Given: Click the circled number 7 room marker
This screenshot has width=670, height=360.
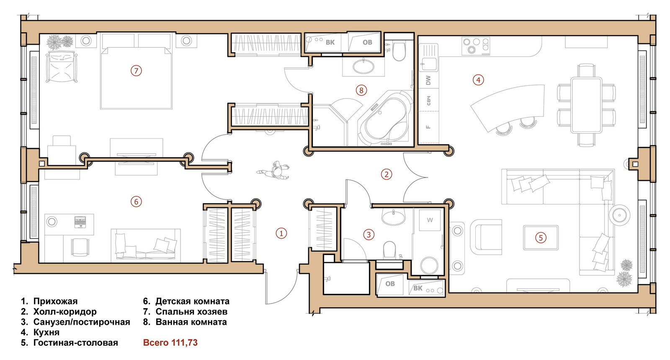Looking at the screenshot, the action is [136, 71].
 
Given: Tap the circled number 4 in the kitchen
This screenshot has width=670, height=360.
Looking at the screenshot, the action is [478, 80].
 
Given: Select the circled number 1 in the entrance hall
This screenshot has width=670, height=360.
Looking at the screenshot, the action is [281, 233].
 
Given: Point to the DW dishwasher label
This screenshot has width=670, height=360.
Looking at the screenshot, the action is [428, 80].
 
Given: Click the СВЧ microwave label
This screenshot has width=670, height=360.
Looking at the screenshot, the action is [428, 100].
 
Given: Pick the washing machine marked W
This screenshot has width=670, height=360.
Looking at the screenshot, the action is [430, 220].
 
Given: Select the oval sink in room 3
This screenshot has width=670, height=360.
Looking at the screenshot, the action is [393, 216].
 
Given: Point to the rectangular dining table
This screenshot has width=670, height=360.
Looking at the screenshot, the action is [586, 105].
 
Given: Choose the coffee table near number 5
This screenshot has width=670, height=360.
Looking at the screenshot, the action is [541, 238].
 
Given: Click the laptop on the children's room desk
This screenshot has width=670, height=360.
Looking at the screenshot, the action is [80, 222].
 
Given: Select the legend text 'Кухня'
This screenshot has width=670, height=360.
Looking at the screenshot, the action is [46, 332].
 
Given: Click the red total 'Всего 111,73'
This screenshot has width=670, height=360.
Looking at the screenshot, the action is [170, 342].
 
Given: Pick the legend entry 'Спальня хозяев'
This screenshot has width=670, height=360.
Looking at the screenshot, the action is [191, 311].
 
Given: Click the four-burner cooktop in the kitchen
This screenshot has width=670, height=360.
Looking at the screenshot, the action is [476, 46].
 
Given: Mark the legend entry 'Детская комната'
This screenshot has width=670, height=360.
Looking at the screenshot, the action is [192, 301].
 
